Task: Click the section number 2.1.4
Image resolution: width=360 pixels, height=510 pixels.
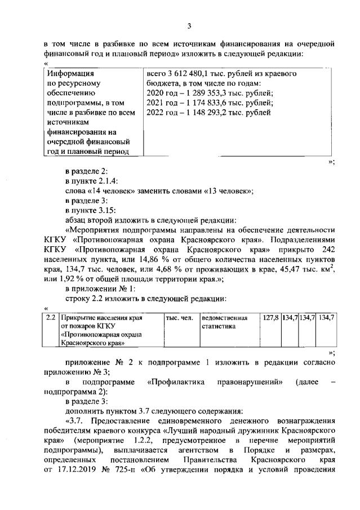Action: [x=105, y=180]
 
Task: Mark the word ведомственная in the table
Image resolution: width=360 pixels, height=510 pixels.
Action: [x=221, y=318]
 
